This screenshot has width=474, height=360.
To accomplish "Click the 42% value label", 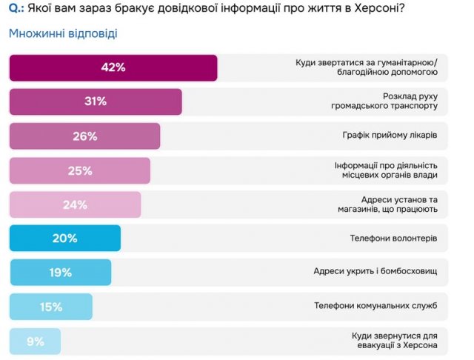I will (x=113, y=67).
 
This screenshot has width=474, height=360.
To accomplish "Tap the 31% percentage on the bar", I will (x=96, y=101).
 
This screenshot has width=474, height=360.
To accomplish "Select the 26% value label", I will (x=85, y=136).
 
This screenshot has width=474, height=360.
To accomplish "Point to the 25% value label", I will (x=80, y=170).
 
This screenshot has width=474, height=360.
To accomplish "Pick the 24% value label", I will (x=75, y=205).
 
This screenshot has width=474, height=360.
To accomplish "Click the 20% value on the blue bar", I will (x=65, y=239).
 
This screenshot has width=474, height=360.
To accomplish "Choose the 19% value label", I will (x=60, y=273).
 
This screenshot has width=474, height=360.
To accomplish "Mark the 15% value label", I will (x=51, y=307).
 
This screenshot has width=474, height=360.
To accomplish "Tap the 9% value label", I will (x=35, y=341).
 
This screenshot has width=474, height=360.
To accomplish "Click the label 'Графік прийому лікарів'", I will (x=390, y=136).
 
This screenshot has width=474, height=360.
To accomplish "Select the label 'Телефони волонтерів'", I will (x=393, y=239).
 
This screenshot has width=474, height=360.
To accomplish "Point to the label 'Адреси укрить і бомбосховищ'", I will (x=375, y=273).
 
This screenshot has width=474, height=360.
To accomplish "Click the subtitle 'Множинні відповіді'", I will (x=62, y=34).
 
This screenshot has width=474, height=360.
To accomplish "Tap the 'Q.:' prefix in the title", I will (x=18, y=10).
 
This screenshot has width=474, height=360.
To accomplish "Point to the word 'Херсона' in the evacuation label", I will (x=420, y=347).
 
